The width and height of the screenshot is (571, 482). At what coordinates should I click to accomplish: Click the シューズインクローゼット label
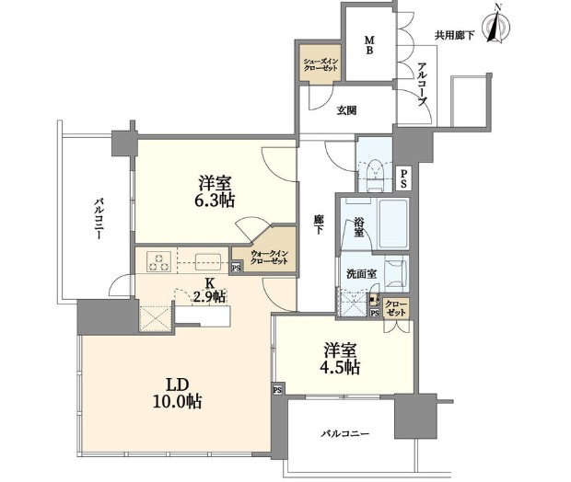322,68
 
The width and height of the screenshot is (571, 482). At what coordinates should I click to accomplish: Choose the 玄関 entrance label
346,110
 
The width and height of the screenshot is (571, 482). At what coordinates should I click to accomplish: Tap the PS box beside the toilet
404,179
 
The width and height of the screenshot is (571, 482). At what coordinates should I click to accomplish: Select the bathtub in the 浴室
386,221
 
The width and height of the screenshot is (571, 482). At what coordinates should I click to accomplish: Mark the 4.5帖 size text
341,365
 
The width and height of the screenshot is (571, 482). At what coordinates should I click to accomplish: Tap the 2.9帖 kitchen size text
209,296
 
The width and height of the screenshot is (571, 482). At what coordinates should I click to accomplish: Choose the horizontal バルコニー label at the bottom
345,432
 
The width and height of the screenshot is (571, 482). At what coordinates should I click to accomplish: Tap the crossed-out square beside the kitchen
153,319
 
